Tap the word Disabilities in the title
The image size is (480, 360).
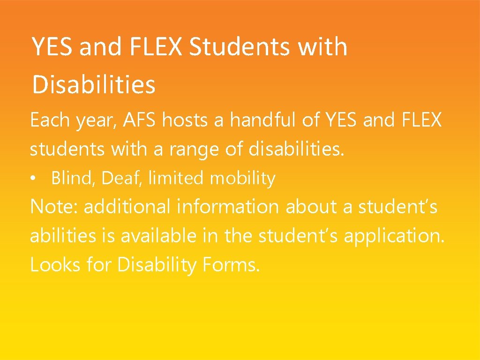coord(93,85)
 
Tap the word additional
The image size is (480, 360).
coord(127,207)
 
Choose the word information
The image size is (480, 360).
coord(228,207)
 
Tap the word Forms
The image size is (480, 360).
coord(231,265)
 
